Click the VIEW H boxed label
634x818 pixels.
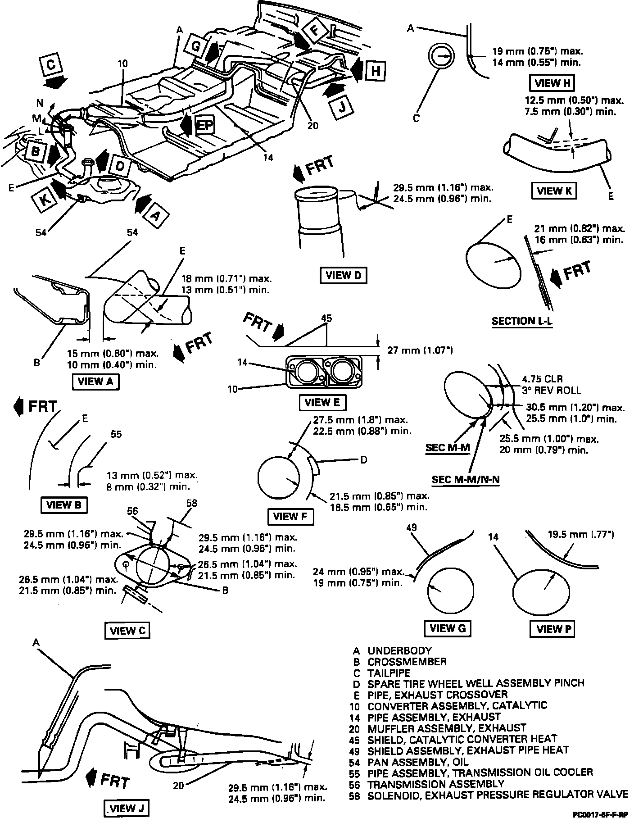click(x=553, y=83)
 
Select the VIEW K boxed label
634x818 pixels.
click(x=554, y=191)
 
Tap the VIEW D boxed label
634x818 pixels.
click(x=343, y=275)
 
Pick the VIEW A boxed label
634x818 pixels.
click(x=95, y=382)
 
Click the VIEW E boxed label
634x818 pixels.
click(x=322, y=402)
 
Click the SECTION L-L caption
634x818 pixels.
click(x=522, y=321)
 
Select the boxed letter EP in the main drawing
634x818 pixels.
click(x=204, y=125)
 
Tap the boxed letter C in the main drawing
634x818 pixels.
click(x=51, y=65)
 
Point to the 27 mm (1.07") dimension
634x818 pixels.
click(x=420, y=350)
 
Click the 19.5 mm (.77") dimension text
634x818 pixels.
click(x=581, y=534)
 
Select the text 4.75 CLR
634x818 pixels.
click(x=542, y=379)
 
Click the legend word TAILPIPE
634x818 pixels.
click(x=389, y=673)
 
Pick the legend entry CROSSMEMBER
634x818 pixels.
click(x=407, y=662)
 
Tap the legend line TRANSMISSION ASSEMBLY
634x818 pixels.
click(x=436, y=784)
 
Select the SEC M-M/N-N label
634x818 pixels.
click(x=466, y=480)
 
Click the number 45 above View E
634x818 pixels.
click(x=326, y=318)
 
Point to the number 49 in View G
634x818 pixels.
click(x=412, y=527)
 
